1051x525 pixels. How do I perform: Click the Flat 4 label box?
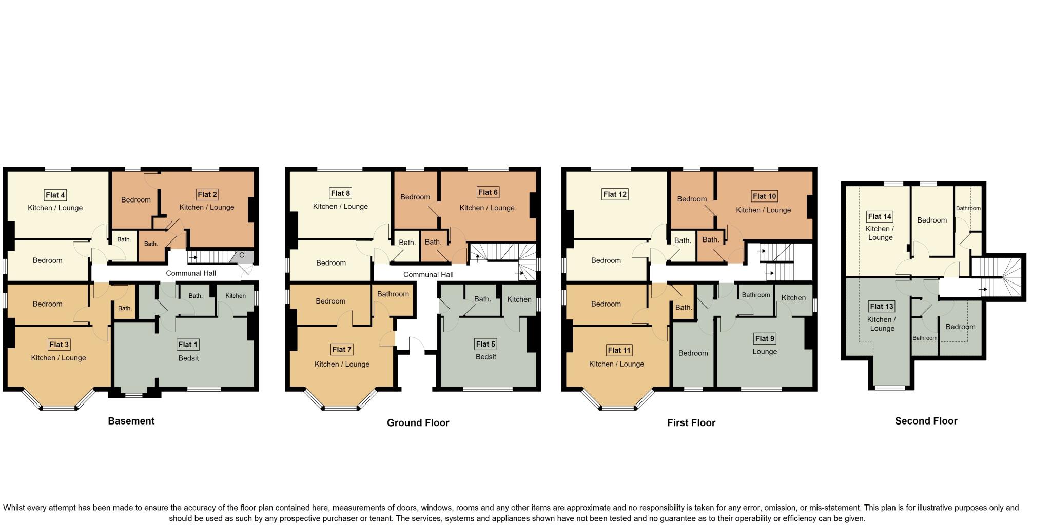(x=55, y=195)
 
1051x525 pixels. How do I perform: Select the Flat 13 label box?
(x=882, y=306)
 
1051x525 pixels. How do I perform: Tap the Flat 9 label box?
(x=765, y=338)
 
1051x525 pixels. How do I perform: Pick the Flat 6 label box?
(x=488, y=192)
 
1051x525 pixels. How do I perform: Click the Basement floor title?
(x=131, y=421)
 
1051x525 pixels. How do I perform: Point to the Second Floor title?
(x=926, y=421)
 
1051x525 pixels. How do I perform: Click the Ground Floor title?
(x=418, y=423)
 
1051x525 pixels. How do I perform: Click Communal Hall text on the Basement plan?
(x=191, y=273)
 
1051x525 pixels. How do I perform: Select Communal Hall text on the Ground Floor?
(x=428, y=275)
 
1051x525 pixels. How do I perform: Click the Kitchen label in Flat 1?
(x=236, y=296)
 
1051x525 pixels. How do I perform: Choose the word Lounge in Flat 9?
(x=765, y=352)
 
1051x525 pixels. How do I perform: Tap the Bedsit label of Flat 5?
(x=485, y=357)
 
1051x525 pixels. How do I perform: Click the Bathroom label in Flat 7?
(x=393, y=294)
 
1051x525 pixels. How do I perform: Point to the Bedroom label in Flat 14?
(x=932, y=220)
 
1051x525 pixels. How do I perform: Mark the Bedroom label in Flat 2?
(x=136, y=200)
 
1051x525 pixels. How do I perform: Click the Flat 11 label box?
(x=619, y=350)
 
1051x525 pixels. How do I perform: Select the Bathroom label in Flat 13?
(x=924, y=338)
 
